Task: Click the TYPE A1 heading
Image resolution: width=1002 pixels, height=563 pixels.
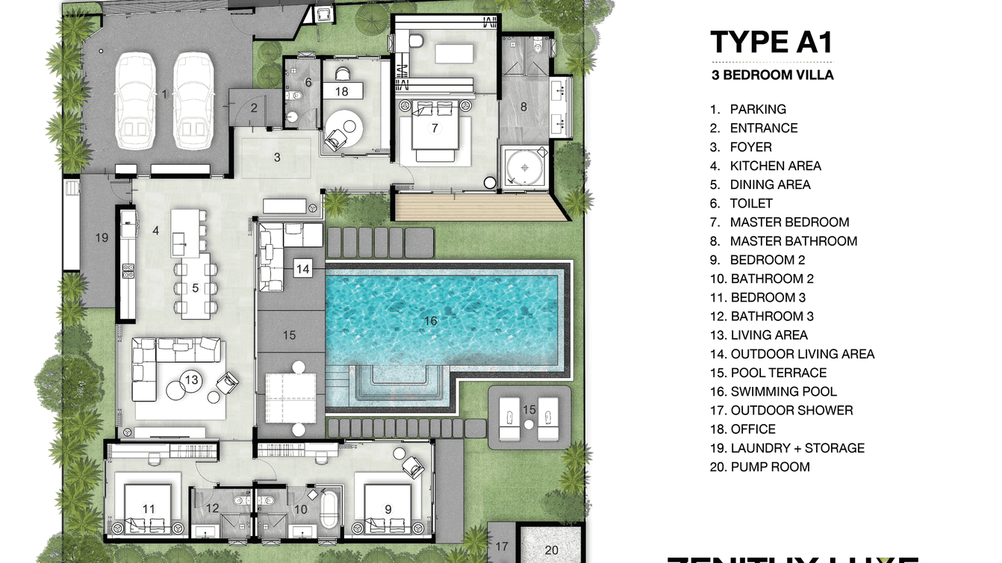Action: [771, 43]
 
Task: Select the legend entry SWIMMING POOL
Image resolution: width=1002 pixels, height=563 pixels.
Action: [783, 391]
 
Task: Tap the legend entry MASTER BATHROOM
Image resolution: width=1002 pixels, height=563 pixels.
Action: [793, 241]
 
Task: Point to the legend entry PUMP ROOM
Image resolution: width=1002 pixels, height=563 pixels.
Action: [770, 467]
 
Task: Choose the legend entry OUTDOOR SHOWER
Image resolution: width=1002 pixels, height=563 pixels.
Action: [791, 410]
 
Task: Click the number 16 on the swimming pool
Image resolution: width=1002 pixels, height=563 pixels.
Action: [430, 321]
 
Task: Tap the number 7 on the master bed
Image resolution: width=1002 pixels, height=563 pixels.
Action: [435, 128]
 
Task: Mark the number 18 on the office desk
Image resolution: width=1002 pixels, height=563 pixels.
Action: [342, 92]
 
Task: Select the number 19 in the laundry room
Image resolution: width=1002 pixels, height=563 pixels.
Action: [102, 238]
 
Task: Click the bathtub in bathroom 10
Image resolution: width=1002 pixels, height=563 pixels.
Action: [329, 508]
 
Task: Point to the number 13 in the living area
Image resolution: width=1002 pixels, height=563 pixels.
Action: [192, 380]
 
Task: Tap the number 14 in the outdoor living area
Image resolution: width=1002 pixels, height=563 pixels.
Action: [302, 268]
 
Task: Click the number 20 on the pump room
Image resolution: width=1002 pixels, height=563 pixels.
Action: [551, 550]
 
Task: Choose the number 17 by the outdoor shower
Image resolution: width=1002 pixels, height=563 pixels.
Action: [502, 547]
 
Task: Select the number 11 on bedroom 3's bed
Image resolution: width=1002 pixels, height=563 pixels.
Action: [149, 509]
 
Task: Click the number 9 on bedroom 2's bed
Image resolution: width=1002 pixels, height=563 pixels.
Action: [388, 509]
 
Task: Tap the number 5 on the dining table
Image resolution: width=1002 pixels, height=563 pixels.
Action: [194, 287]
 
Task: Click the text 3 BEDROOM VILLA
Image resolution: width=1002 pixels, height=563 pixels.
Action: [772, 75]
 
